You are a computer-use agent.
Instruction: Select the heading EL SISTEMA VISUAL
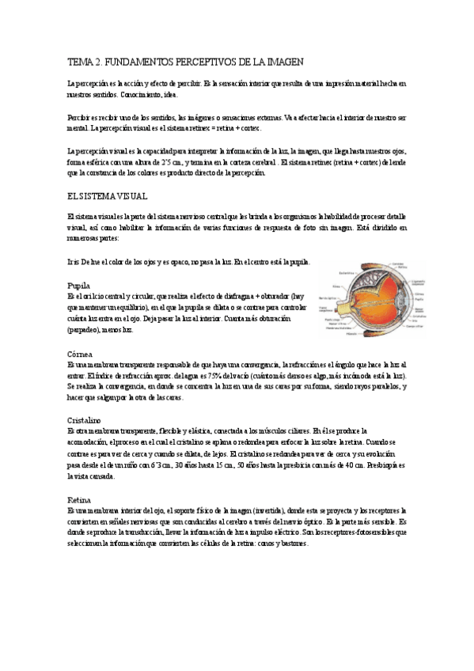coord(108,195)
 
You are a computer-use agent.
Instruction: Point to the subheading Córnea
coord(81,354)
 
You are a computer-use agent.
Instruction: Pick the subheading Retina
coord(79,501)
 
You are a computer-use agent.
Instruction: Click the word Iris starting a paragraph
coord(74,262)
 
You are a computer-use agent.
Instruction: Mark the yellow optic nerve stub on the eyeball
coord(346,309)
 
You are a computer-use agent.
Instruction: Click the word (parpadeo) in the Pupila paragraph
coord(85,328)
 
